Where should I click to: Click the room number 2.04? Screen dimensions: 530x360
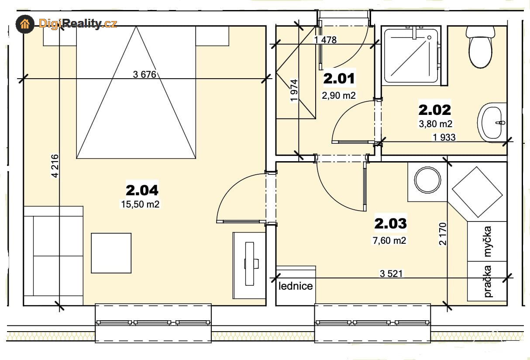(142, 190)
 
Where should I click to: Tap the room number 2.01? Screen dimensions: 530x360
(339, 79)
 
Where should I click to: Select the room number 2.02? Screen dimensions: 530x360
(435, 110)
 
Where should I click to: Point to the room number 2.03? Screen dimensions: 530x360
(390, 223)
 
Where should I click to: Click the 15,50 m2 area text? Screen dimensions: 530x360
(140, 204)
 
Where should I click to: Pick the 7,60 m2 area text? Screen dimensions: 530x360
(389, 241)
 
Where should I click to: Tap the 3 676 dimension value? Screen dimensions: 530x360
(145, 75)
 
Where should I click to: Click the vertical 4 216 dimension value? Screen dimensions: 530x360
(55, 166)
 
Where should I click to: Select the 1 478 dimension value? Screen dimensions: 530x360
(325, 40)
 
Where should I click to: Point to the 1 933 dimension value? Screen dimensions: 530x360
(444, 137)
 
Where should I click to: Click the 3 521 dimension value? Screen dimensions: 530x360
(391, 274)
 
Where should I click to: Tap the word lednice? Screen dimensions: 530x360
(296, 286)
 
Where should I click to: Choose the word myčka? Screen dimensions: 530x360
(488, 242)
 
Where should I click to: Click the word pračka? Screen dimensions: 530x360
(488, 282)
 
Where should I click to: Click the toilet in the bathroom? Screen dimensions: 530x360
(481, 47)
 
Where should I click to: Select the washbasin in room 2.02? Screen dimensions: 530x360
(492, 122)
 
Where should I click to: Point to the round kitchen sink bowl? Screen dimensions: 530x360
(427, 180)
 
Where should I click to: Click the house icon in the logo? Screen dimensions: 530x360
(25, 24)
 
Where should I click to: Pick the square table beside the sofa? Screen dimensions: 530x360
(111, 253)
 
